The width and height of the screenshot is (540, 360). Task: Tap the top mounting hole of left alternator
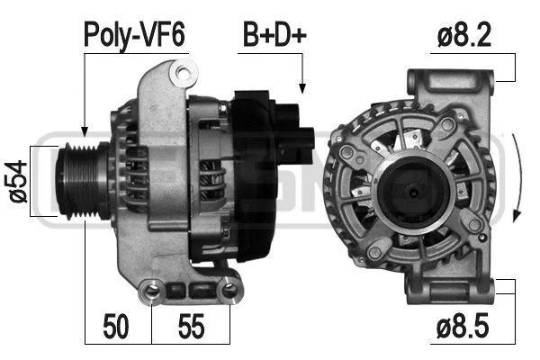185,70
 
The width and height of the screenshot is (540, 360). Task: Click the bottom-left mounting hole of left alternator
152,290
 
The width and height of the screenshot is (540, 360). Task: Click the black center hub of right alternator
410,191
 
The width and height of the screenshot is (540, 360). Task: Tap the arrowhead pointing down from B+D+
302,88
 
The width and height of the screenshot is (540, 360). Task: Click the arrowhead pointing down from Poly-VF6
84,130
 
